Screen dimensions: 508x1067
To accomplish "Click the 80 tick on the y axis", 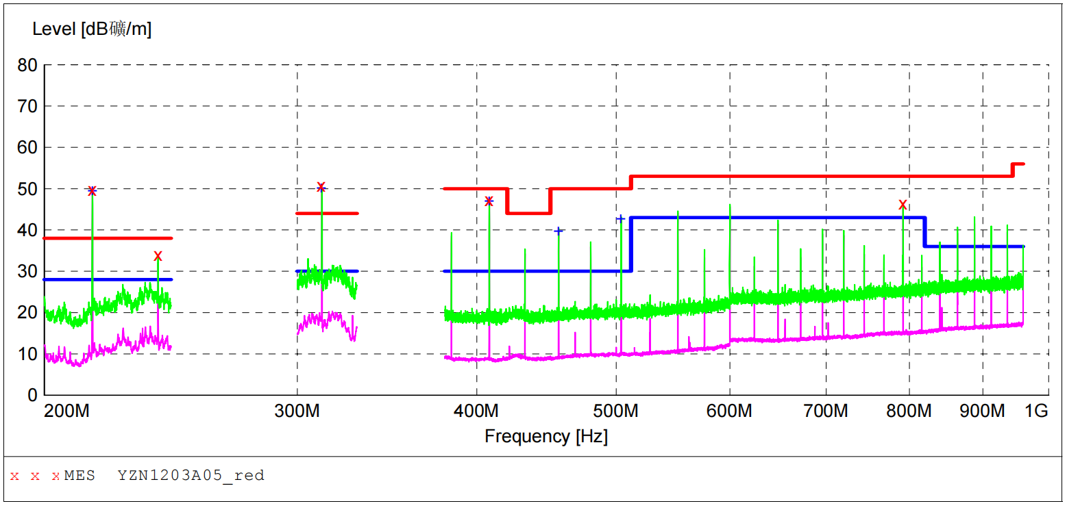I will (x=27, y=66).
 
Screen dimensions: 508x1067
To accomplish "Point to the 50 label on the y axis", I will (x=27, y=189).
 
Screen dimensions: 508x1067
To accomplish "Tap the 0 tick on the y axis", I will (x=32, y=395).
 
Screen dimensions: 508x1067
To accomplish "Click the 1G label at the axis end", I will (x=1035, y=411).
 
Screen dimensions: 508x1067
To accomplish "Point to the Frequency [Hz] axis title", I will (x=545, y=436).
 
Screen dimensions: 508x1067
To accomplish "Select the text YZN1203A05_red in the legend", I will (x=191, y=475).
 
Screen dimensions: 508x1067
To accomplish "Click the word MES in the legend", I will (x=79, y=475).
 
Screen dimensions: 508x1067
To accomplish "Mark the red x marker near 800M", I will (x=903, y=205).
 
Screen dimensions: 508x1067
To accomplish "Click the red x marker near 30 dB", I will (x=158, y=256).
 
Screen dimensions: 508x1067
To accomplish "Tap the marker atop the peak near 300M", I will (x=321, y=187).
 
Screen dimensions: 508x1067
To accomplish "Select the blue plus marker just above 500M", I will (x=620, y=219).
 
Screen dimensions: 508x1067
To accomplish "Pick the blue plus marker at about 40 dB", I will (x=559, y=231).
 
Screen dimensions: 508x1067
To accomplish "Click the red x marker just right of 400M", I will (x=489, y=201).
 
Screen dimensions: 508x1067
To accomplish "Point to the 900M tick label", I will (x=983, y=411).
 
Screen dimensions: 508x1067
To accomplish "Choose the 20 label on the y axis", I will (x=27, y=313).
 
